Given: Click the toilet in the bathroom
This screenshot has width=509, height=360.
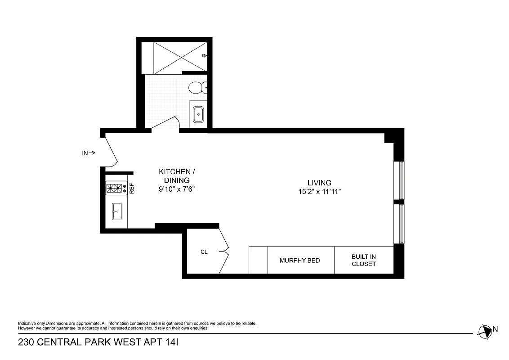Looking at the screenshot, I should pos(197,87).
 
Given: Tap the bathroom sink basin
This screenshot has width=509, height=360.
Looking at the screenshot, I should pos(198,115).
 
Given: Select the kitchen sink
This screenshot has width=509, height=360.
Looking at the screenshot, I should pos(117,211).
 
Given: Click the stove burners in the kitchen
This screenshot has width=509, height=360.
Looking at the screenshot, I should pos(115,189).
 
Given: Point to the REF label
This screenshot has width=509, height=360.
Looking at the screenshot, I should pos(132,188).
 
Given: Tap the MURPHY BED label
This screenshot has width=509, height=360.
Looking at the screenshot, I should pos(300,261).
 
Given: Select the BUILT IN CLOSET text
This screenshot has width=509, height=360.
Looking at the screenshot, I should pos(363,261).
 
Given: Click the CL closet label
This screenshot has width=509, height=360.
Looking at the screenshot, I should pos(204,252).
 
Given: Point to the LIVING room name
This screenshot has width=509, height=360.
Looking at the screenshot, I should pos(319,183).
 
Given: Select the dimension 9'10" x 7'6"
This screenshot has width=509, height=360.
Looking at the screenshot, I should pos(176,189).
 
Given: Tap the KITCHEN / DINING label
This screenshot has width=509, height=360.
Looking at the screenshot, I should pos(177,176).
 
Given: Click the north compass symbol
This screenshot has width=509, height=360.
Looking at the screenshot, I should pos(485,332).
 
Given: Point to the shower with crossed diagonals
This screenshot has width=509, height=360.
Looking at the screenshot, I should pos(180,57).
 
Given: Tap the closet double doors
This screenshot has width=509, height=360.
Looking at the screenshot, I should pos(223,251).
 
